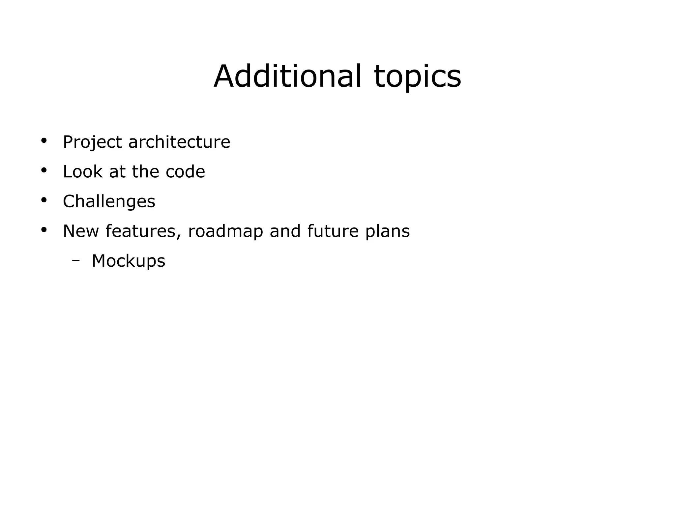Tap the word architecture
point(179,142)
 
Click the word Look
point(82,172)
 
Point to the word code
point(185,172)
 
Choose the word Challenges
point(109,202)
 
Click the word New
point(81,231)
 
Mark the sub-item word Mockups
point(128,261)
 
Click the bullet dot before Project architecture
point(44,141)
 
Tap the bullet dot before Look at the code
point(44,171)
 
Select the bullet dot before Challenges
point(44,200)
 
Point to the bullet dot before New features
point(44,230)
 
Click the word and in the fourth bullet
point(285,231)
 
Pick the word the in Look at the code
point(145,172)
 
